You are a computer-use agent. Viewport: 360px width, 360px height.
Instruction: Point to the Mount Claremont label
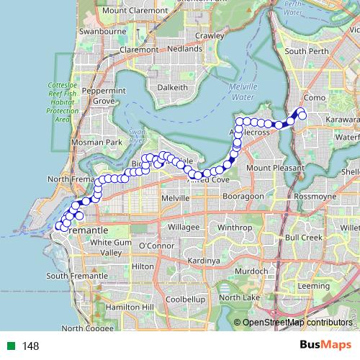coord(135,10)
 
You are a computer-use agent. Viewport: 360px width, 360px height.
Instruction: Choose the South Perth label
coord(307,51)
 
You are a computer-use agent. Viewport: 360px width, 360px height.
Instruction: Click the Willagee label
coord(184,227)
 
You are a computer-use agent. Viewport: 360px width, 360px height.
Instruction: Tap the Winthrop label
coord(235,228)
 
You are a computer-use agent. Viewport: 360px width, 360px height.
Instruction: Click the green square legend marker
coord(9,346)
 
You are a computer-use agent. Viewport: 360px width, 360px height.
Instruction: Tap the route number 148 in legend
coord(30,346)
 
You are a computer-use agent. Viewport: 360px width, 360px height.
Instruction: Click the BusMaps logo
coord(325,345)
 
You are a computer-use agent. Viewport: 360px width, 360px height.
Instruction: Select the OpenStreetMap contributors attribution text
coord(297,323)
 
